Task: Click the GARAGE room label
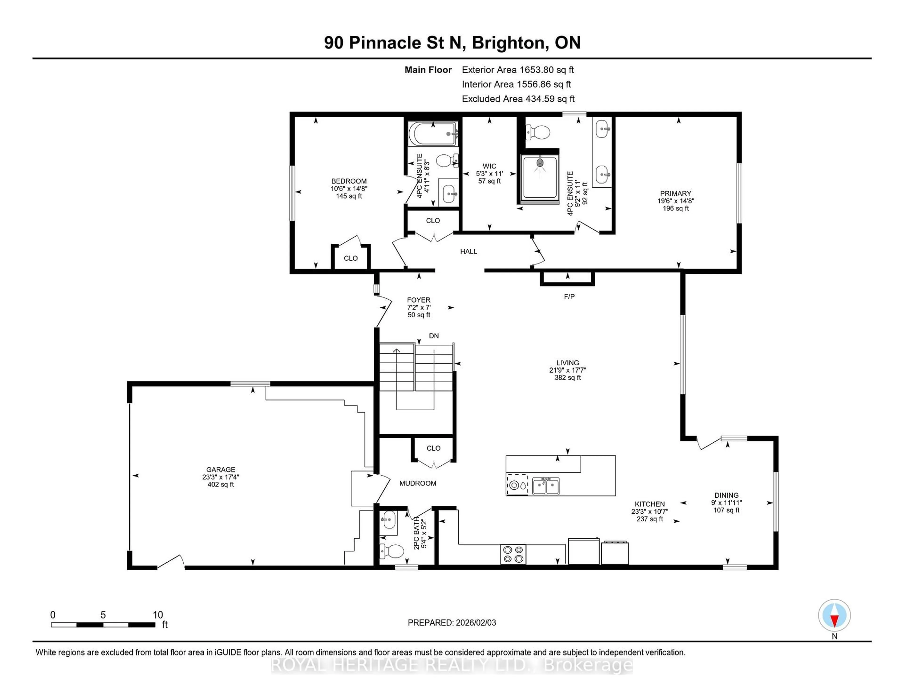click(221, 469)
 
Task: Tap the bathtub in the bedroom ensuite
click(432, 134)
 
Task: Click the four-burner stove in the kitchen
click(513, 554)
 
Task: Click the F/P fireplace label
click(569, 297)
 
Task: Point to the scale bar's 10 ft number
click(158, 615)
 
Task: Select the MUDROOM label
click(418, 483)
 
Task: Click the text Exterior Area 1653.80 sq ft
click(518, 70)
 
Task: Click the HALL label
click(468, 251)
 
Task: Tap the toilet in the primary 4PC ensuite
click(538, 133)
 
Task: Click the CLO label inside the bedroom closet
click(351, 258)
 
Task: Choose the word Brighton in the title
click(508, 43)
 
